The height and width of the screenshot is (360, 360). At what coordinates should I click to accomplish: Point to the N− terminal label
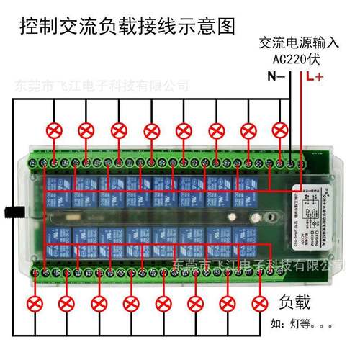click(x=276, y=76)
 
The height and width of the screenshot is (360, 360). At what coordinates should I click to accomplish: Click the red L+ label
click(x=314, y=76)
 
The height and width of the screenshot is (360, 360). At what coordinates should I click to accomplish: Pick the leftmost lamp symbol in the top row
click(x=53, y=130)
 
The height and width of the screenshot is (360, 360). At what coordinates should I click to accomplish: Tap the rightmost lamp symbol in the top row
click(x=281, y=130)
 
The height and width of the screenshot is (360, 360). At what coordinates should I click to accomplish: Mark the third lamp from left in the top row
click(x=118, y=130)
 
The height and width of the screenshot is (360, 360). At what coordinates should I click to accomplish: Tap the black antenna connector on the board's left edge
click(x=9, y=212)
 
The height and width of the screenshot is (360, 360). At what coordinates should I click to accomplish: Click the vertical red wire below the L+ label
click(x=301, y=115)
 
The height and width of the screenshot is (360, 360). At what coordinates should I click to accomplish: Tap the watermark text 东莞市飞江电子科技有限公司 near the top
click(x=101, y=86)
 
